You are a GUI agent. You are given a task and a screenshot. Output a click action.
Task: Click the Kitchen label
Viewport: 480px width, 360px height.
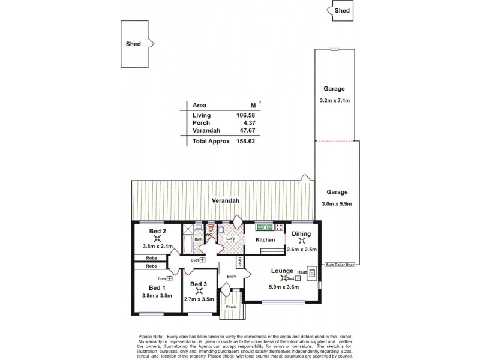[265, 240]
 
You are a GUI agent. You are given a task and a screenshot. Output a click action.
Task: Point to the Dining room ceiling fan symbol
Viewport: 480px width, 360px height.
[302, 241]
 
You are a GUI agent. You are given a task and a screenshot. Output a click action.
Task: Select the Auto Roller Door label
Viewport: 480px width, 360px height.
[339, 265]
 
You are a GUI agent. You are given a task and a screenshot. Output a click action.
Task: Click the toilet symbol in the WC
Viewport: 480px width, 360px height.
[211, 229]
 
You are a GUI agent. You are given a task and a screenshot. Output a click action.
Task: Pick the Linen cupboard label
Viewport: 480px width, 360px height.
[239, 262]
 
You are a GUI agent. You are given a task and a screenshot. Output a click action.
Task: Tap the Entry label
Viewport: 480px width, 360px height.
[232, 276]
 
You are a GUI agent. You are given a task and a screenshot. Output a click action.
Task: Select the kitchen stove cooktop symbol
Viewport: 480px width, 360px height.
[278, 227]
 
